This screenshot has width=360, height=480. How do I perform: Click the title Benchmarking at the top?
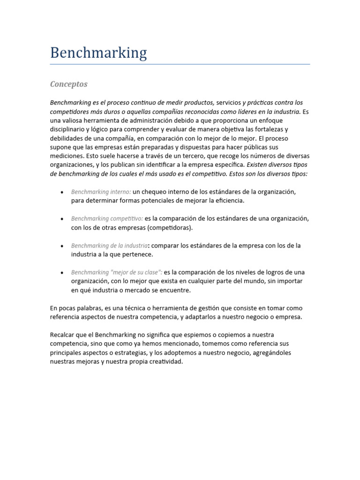[98, 53]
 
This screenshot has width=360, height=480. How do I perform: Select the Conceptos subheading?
[68, 84]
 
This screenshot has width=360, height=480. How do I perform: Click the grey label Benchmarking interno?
[101, 192]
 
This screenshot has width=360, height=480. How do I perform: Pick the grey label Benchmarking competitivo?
[107, 218]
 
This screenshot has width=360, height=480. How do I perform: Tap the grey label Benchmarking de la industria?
[109, 246]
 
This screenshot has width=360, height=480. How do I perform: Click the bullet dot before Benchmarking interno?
[62, 193]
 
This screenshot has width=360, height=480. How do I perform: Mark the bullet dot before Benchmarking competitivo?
[62, 219]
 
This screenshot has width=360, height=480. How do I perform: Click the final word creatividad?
[165, 361]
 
